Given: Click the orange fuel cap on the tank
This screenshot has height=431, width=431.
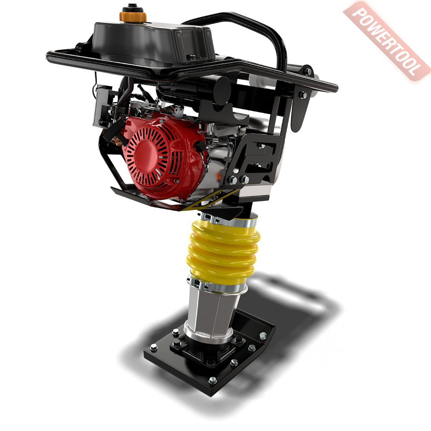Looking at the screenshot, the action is pyautogui.click(x=133, y=16).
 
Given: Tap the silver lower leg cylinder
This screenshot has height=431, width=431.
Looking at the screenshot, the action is pyautogui.click(x=212, y=313).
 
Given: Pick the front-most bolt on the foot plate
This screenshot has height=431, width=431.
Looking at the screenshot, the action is pyautogui.click(x=212, y=381).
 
